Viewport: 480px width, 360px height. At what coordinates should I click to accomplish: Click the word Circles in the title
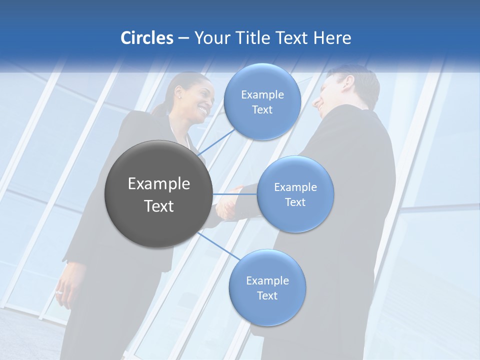click(146, 38)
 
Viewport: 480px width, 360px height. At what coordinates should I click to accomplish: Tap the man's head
click(345, 90)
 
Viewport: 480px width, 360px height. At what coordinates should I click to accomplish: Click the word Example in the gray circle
click(159, 184)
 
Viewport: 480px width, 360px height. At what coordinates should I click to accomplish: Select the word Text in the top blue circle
click(262, 110)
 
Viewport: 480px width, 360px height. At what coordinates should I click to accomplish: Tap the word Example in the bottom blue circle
click(267, 281)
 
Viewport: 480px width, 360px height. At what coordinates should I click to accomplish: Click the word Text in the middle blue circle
click(295, 202)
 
